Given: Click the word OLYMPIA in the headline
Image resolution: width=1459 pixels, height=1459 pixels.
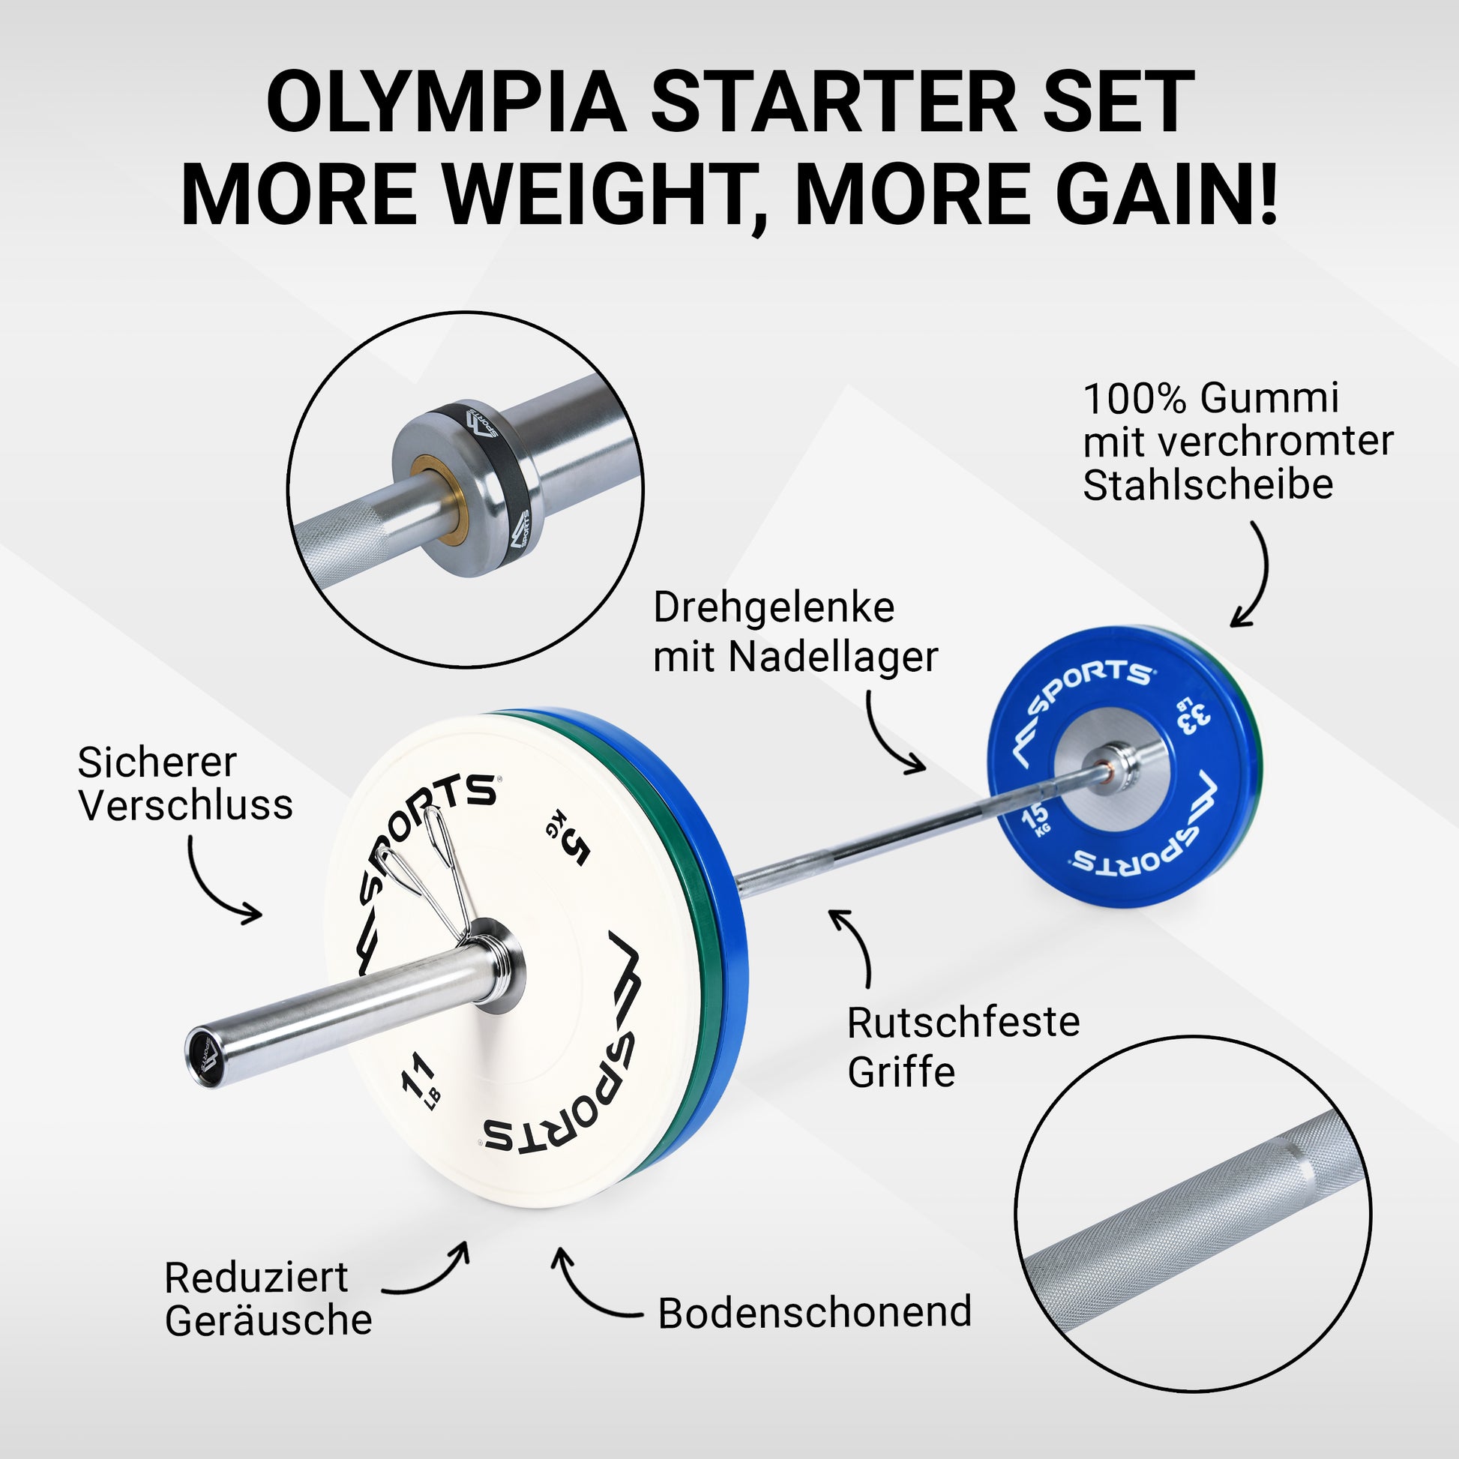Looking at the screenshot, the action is click(x=446, y=103).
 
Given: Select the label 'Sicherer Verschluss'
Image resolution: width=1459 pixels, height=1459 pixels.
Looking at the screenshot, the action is click(x=185, y=784).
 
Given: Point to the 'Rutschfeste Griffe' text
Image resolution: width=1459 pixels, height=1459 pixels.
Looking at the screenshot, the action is click(x=963, y=1047).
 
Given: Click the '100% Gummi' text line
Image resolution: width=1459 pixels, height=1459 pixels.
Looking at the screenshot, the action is click(x=1211, y=399).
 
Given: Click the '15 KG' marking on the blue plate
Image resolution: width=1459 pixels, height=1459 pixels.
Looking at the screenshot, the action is click(x=1036, y=819).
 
